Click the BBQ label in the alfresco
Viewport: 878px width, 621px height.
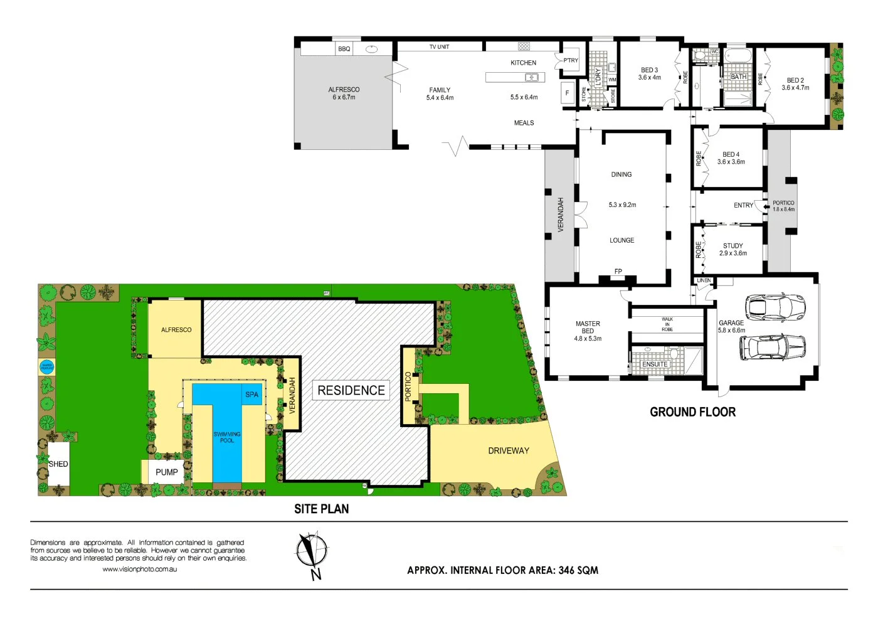point(344,49)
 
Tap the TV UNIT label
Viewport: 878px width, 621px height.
point(439,47)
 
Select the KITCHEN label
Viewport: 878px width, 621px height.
point(523,63)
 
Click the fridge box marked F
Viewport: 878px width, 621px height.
point(568,93)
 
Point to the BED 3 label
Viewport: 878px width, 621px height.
point(649,70)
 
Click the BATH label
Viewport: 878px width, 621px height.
point(739,77)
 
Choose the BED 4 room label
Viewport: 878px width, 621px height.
point(731,154)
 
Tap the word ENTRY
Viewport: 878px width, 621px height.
point(743,205)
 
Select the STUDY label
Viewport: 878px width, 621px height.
point(733,246)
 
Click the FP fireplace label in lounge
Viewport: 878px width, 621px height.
point(618,272)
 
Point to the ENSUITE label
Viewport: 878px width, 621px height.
point(655,364)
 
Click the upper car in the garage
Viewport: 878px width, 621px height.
point(774,307)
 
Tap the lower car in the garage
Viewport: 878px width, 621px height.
point(772,347)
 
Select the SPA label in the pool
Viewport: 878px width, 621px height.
point(251,395)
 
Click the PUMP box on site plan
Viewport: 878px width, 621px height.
point(166,472)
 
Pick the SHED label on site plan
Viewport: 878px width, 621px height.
point(58,464)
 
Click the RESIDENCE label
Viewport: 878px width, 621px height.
point(351,390)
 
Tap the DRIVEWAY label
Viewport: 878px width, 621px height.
point(509,450)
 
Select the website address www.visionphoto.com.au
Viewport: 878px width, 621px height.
point(139,569)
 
